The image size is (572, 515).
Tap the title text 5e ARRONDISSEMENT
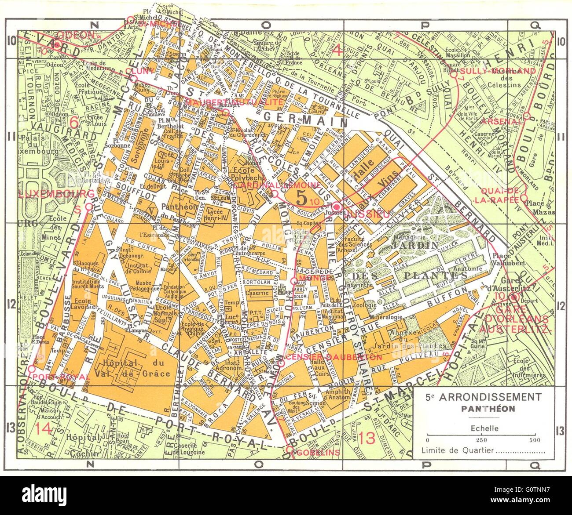click(483, 397)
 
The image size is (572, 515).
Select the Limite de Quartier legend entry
click(483, 450)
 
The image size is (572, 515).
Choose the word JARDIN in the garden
click(422, 245)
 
